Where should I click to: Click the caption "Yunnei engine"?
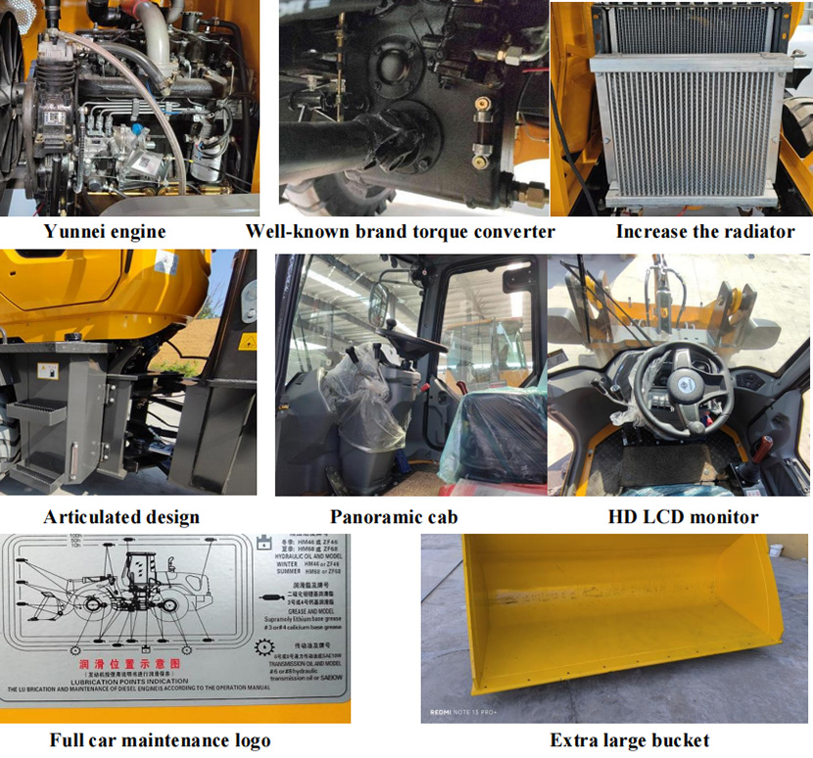point(104,232)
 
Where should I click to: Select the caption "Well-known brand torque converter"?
point(400,232)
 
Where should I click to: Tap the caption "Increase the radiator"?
point(704,232)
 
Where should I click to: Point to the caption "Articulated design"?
point(120,517)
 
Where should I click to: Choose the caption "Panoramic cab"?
point(393,517)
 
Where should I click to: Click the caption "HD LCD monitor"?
point(683,517)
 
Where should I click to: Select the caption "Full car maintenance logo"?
point(160,739)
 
